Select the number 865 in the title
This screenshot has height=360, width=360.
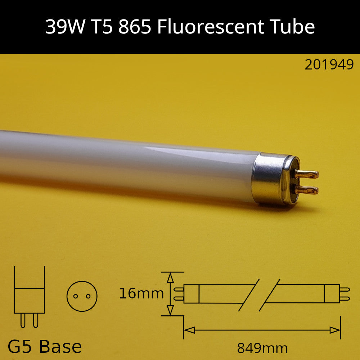(x=134, y=27)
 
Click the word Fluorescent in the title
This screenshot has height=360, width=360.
(x=208, y=27)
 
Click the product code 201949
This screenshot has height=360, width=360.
(x=329, y=65)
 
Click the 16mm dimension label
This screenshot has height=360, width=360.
(x=141, y=294)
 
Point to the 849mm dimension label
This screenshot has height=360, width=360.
(x=262, y=348)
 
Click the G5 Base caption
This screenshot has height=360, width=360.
(x=45, y=347)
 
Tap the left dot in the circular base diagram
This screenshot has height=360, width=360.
(x=76, y=296)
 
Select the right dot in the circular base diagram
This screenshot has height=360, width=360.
(x=88, y=296)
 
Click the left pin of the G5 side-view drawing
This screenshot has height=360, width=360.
(x=23, y=320)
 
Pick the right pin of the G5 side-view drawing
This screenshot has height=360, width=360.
(x=35, y=320)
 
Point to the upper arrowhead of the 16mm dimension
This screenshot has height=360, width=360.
(x=171, y=278)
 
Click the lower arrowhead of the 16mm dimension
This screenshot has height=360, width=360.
(x=171, y=310)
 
